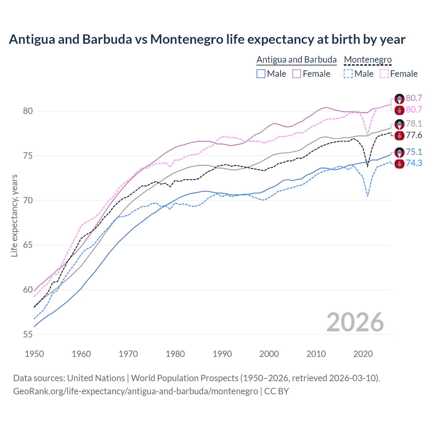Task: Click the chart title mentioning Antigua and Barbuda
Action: tap(207, 39)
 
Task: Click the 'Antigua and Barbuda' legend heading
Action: tap(296, 60)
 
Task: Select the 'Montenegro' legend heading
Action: tap(368, 60)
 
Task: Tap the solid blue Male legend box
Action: tap(261, 74)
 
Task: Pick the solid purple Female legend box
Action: tap(297, 74)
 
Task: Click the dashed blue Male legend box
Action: tap(348, 74)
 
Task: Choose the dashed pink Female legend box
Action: tap(384, 74)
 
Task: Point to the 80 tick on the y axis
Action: tap(28, 111)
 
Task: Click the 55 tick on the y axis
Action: tap(28, 334)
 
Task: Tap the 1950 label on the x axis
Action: tap(34, 354)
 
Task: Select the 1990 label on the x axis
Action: tap(222, 354)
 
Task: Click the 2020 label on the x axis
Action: tap(363, 354)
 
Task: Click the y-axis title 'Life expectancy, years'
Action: tap(14, 215)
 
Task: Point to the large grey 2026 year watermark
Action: tap(355, 322)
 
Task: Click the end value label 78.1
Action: tap(414, 124)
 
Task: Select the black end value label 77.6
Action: tap(414, 135)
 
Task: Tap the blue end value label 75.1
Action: tap(414, 152)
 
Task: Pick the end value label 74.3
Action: tap(414, 163)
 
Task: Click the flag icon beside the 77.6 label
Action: tap(399, 136)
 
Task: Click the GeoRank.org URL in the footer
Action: tap(135, 391)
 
